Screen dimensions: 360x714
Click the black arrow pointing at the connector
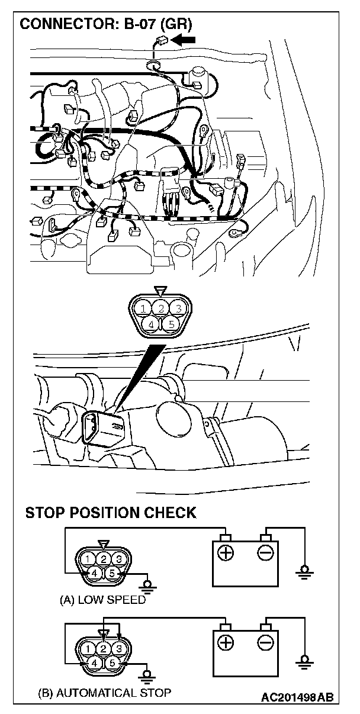point(184,40)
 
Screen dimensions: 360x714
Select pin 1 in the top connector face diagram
point(143,308)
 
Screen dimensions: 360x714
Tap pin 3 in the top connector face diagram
point(179,308)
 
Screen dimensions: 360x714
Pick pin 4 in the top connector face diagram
point(152,324)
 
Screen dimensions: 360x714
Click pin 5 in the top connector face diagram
point(172,324)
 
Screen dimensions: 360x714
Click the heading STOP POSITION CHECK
point(111,513)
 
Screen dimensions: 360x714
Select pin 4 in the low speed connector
point(94,573)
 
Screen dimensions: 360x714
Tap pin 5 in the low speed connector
point(112,573)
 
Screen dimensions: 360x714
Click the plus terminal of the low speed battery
point(226,553)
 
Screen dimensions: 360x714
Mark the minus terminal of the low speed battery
point(265,553)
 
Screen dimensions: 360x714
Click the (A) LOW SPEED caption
point(102,600)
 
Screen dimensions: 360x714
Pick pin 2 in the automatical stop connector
point(103,648)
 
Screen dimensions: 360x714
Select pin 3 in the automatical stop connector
point(119,648)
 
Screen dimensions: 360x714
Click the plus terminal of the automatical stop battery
point(226,642)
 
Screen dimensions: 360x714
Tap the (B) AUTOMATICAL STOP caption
point(105,692)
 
